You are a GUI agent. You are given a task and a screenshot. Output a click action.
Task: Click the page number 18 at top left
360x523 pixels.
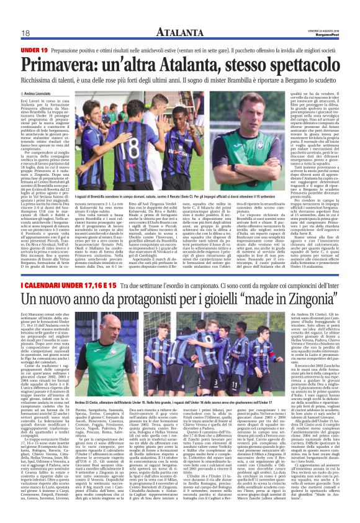point(25,33)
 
